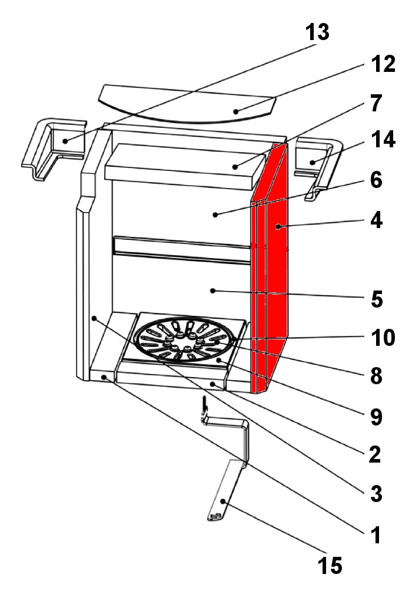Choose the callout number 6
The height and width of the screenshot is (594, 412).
376,180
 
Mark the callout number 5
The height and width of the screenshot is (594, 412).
375,299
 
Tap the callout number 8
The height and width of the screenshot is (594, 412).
375,375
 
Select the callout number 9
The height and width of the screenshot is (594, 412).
375,416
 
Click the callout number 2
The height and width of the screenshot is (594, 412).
375,454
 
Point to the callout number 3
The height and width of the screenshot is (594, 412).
375,494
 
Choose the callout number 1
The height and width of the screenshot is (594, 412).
375,535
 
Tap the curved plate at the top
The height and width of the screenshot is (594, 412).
187,104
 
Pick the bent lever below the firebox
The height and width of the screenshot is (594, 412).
227,466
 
